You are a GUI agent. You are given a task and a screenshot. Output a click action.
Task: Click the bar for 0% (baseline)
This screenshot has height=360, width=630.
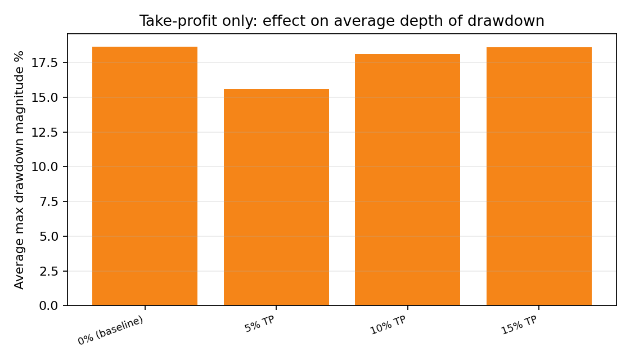(145, 176)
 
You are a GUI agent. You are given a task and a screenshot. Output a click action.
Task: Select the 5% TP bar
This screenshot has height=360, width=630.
(276, 197)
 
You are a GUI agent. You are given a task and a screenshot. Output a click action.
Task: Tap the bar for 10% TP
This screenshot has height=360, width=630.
(407, 179)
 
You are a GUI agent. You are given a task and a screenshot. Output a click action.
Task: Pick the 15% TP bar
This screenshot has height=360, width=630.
(539, 176)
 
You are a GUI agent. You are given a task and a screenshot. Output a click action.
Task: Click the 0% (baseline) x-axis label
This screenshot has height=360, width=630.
(111, 330)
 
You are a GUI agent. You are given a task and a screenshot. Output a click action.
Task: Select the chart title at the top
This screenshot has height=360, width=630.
(341, 21)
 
